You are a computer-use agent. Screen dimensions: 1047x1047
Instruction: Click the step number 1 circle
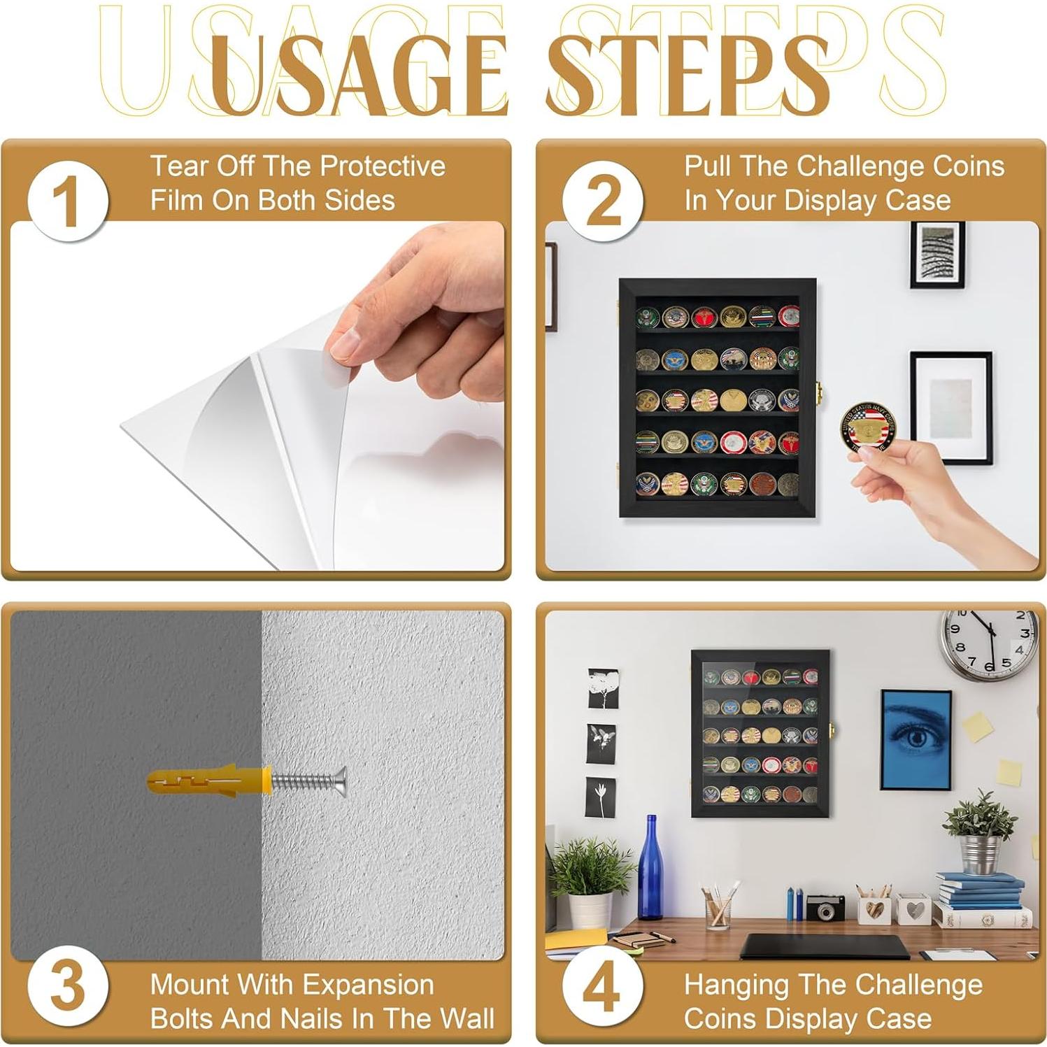coord(68,201)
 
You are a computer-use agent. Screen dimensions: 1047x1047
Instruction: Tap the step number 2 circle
coord(603,201)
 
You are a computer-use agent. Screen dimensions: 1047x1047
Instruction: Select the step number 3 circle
coord(68,988)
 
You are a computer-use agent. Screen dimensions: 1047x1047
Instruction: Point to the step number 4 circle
coord(603,988)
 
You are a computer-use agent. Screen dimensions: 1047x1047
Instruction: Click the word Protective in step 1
coord(383,166)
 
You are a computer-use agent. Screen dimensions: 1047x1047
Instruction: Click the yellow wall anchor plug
coord(208,781)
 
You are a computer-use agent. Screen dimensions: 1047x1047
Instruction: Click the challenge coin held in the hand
coord(868,427)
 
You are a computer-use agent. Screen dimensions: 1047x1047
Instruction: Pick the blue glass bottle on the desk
coord(650,867)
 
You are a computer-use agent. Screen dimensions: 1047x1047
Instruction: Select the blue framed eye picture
coord(916,740)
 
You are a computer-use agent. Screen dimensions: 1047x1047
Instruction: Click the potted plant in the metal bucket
coord(979,832)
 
